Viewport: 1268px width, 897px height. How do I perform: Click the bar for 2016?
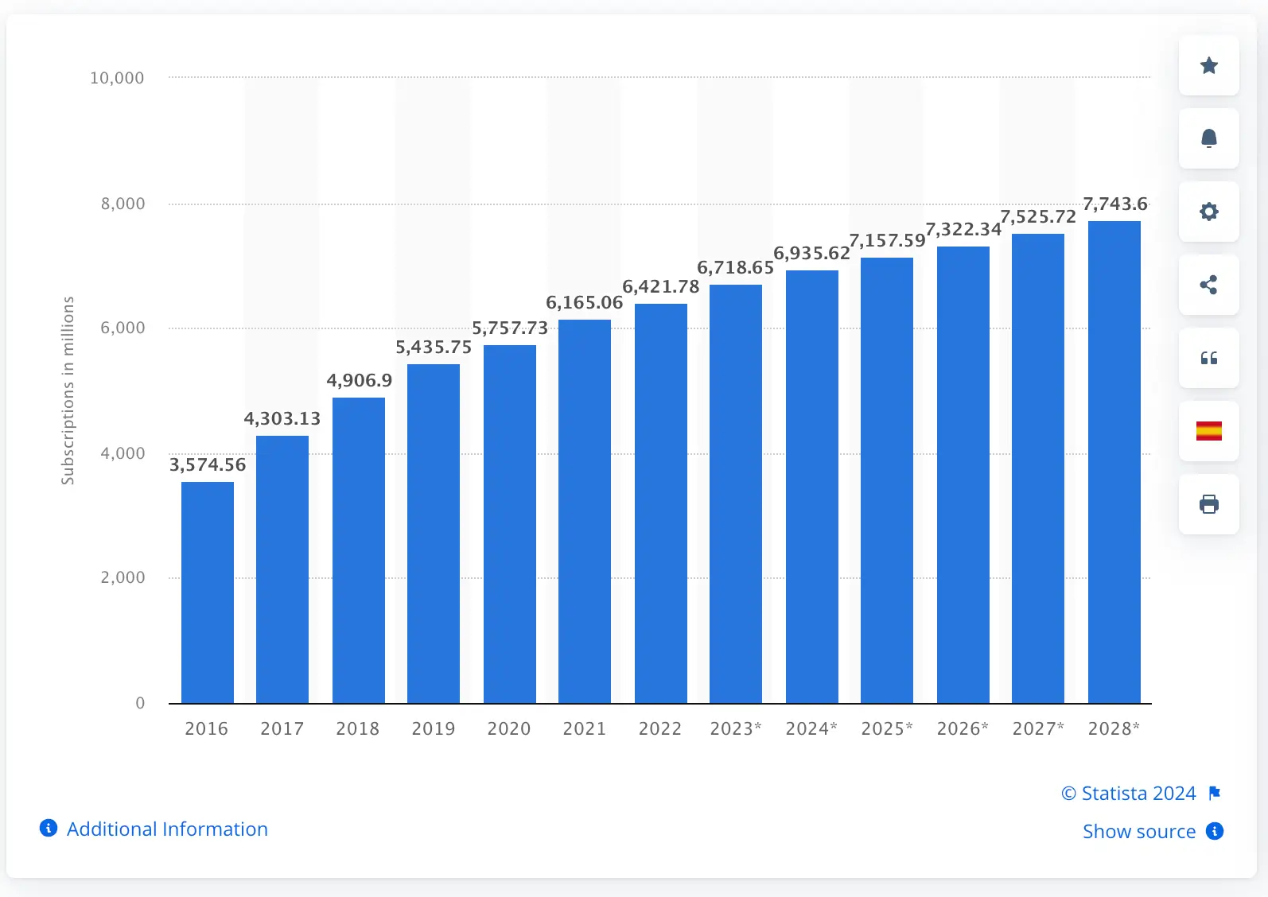pyautogui.click(x=208, y=592)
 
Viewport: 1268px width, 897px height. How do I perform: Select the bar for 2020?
pyautogui.click(x=510, y=524)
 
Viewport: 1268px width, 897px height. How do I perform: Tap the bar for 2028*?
pyautogui.click(x=1114, y=462)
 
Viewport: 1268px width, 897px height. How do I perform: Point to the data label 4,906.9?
pyautogui.click(x=360, y=380)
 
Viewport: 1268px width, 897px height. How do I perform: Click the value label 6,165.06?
pyautogui.click(x=585, y=302)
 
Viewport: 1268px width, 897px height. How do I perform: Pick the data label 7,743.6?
pyautogui.click(x=1115, y=204)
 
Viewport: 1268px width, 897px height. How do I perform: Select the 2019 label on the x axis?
pyautogui.click(x=434, y=728)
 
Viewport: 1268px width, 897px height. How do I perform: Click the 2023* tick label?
pyautogui.click(x=736, y=728)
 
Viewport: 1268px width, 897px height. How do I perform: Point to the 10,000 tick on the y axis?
pyautogui.click(x=117, y=78)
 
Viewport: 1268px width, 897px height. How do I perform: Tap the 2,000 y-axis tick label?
pyautogui.click(x=123, y=577)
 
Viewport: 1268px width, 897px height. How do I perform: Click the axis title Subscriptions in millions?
pyautogui.click(x=68, y=390)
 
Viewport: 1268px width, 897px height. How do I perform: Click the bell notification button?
pyautogui.click(x=1208, y=138)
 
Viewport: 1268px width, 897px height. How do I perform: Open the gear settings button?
pyautogui.click(x=1208, y=212)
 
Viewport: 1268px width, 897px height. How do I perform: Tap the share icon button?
pyautogui.click(x=1208, y=285)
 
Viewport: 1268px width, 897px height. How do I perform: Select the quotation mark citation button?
pyautogui.click(x=1208, y=358)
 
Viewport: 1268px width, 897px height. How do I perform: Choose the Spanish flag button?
pyautogui.click(x=1208, y=431)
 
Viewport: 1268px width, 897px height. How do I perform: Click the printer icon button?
pyautogui.click(x=1208, y=504)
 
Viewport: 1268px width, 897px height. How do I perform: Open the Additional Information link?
pyautogui.click(x=167, y=829)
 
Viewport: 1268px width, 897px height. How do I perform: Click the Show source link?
pyautogui.click(x=1139, y=831)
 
